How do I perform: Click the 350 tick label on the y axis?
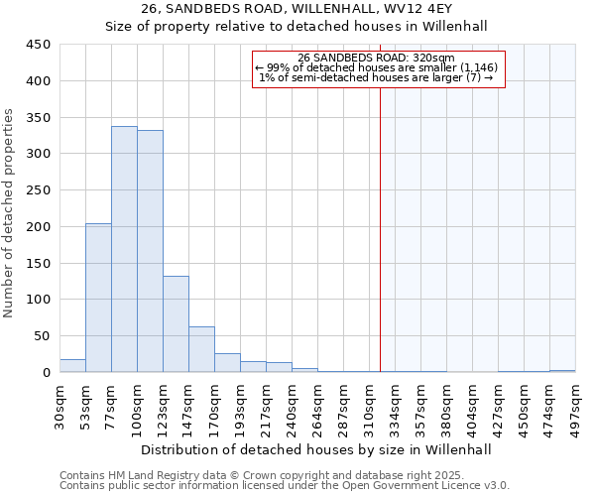(x=38, y=117)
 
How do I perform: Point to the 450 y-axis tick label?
(x=38, y=45)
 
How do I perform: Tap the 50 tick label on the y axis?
(x=42, y=336)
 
